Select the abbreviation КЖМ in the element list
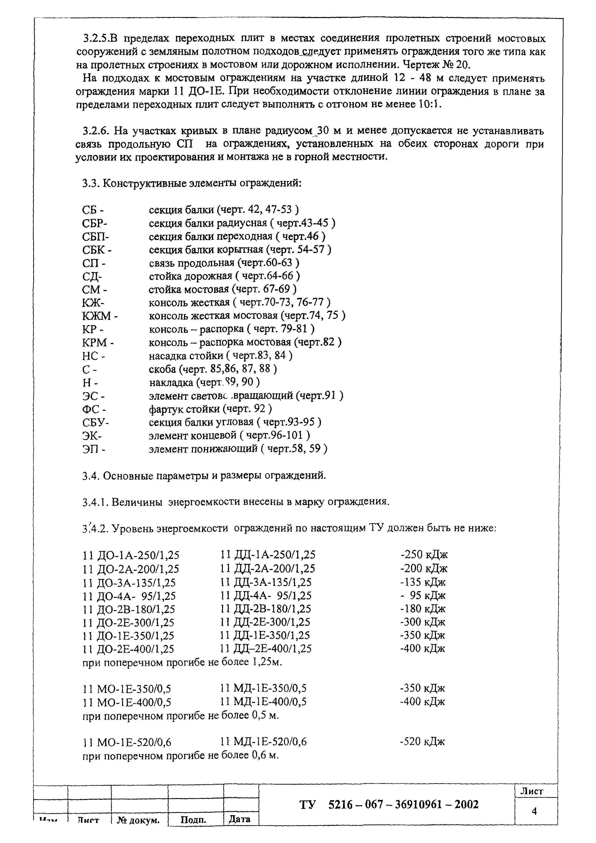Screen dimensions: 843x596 click(x=98, y=316)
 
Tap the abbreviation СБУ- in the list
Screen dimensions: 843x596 click(x=95, y=422)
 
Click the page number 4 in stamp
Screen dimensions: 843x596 click(x=534, y=811)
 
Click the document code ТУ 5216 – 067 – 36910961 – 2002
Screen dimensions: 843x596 click(x=389, y=805)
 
